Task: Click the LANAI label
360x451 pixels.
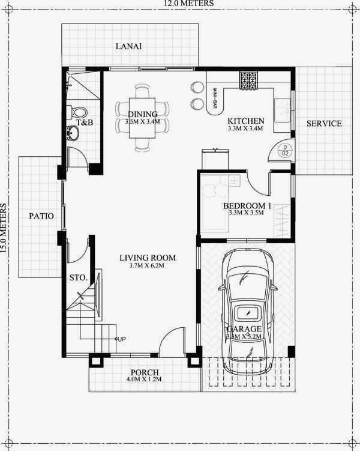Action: pos(128,47)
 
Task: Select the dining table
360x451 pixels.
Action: pos(142,118)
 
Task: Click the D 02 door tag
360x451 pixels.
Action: pos(286,150)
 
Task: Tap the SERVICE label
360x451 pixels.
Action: pos(324,124)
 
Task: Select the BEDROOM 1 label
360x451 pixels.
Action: pos(248,206)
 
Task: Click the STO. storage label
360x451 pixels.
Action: pos(79,278)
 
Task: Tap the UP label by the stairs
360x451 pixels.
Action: pos(122,339)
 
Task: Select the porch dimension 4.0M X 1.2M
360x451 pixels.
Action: pos(140,380)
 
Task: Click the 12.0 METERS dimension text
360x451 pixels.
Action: pos(179,4)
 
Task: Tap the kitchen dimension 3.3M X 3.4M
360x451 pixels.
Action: pos(245,129)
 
